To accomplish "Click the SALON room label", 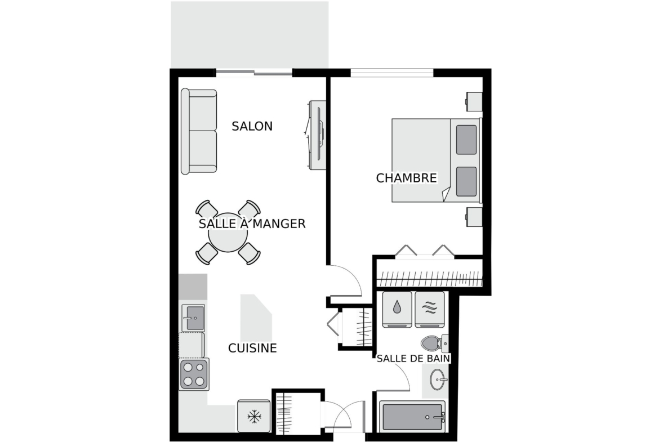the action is [x=252, y=126].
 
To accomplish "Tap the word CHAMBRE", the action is [x=407, y=178].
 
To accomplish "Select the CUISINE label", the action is [x=252, y=348].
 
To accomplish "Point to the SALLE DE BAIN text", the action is [x=413, y=359].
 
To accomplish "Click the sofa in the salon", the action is [x=199, y=131].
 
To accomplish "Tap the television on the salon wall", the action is [x=317, y=135].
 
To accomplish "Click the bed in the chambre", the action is [x=437, y=160].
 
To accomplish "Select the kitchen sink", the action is [x=193, y=318].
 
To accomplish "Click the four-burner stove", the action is [x=194, y=374].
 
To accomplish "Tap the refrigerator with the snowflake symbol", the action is [x=254, y=416].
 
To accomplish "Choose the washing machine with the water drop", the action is [x=397, y=309].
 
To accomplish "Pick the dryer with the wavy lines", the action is [x=430, y=309].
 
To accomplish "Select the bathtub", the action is [x=412, y=416].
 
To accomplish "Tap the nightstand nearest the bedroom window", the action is [x=474, y=101].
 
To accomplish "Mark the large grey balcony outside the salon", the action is [x=250, y=34].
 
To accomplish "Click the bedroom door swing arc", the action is [x=354, y=275].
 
